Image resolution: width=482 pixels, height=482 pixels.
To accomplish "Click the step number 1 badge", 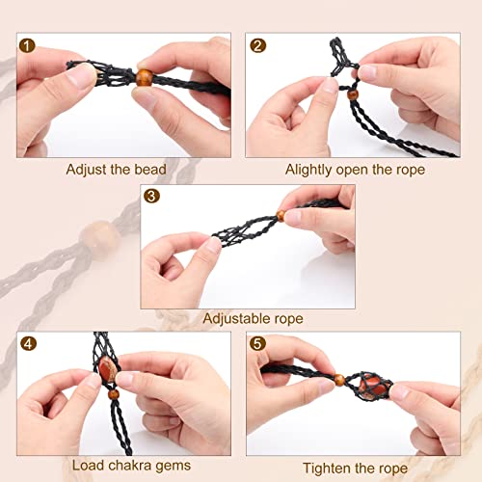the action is click(x=27, y=45).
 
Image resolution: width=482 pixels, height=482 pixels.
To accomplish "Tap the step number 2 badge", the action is click(x=257, y=45).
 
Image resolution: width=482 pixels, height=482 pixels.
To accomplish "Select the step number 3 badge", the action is click(x=151, y=196).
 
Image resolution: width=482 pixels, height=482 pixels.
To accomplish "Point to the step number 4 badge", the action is click(x=28, y=343).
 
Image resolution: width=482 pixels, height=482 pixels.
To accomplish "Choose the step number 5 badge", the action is click(x=257, y=343).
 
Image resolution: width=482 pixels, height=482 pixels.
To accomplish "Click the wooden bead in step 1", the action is click(x=144, y=77).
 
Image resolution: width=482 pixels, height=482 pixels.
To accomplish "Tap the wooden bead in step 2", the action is click(x=353, y=94).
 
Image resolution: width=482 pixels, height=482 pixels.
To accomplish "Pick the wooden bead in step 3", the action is click(x=281, y=216).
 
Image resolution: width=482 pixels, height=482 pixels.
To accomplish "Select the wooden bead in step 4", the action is click(x=113, y=394).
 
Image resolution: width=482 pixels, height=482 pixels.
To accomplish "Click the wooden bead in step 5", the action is click(x=339, y=380).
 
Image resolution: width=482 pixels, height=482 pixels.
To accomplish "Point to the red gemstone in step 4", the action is click(x=107, y=369).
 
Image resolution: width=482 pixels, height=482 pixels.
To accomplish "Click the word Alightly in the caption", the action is click(x=308, y=170).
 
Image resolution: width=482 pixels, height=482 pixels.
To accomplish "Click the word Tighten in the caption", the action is click(x=324, y=469).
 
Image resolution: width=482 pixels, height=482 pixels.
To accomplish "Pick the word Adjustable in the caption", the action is click(x=236, y=319).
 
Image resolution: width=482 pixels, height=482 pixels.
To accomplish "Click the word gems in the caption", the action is click(x=174, y=467).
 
